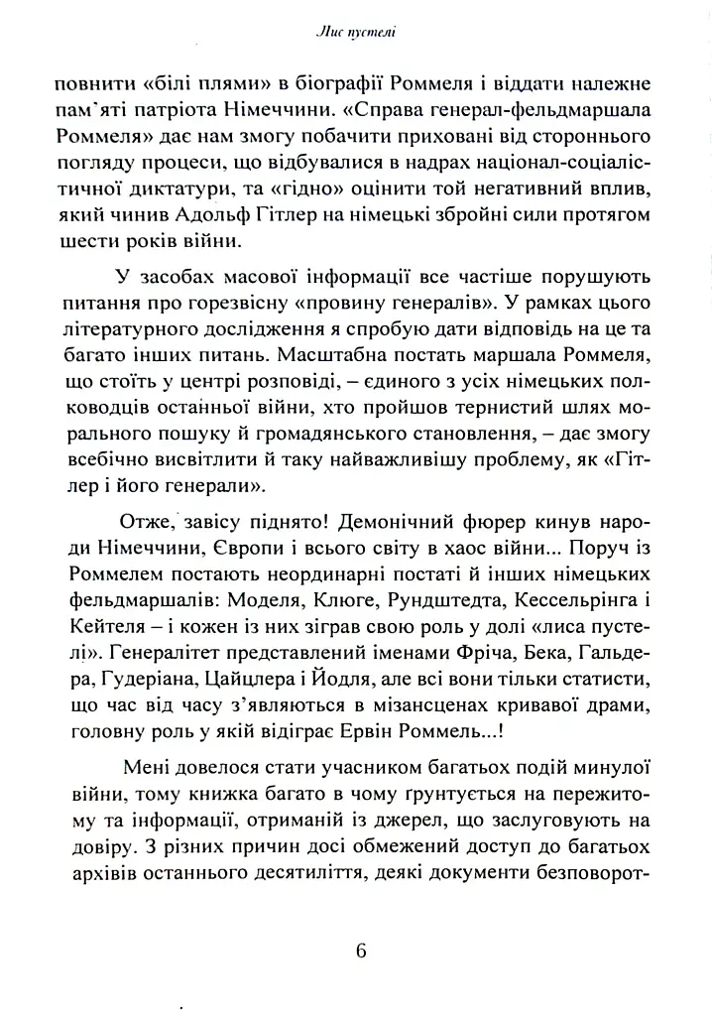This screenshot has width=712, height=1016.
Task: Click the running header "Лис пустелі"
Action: coord(356,34)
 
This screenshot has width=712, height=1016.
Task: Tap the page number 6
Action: coord(360,951)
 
